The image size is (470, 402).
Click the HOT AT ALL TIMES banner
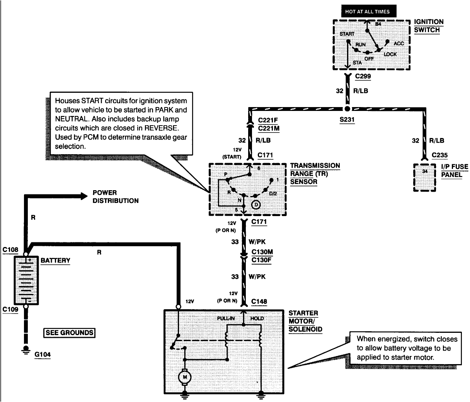pyautogui.click(x=365, y=12)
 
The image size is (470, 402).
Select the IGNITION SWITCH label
pyautogui.click(x=428, y=26)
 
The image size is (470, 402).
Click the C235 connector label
pyautogui.click(x=439, y=155)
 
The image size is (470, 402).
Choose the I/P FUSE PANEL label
pyautogui.click(x=454, y=171)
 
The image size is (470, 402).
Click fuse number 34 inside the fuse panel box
pyautogui.click(x=425, y=171)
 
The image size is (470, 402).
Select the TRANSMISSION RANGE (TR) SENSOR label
pyautogui.click(x=315, y=174)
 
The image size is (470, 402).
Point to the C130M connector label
pyautogui.click(x=262, y=252)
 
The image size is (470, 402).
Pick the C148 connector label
pyautogui.click(x=259, y=301)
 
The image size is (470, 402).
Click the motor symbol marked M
pyautogui.click(x=185, y=376)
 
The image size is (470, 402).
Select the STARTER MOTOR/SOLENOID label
pyautogui.click(x=305, y=321)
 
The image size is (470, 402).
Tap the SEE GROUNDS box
pyautogui.click(x=69, y=332)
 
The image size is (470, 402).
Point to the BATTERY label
pyautogui.click(x=55, y=260)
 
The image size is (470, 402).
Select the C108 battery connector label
pyautogui.click(x=10, y=250)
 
